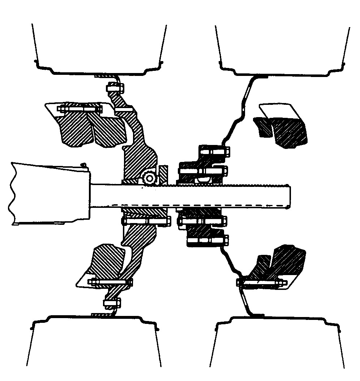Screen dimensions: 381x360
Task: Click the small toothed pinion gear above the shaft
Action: [x=149, y=177]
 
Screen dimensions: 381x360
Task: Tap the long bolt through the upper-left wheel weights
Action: [x=80, y=108]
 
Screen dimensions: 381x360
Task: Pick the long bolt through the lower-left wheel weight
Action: [x=108, y=282]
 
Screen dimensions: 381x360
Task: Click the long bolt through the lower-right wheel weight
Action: [x=262, y=282]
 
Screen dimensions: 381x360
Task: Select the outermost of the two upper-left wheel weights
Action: [x=74, y=128]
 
